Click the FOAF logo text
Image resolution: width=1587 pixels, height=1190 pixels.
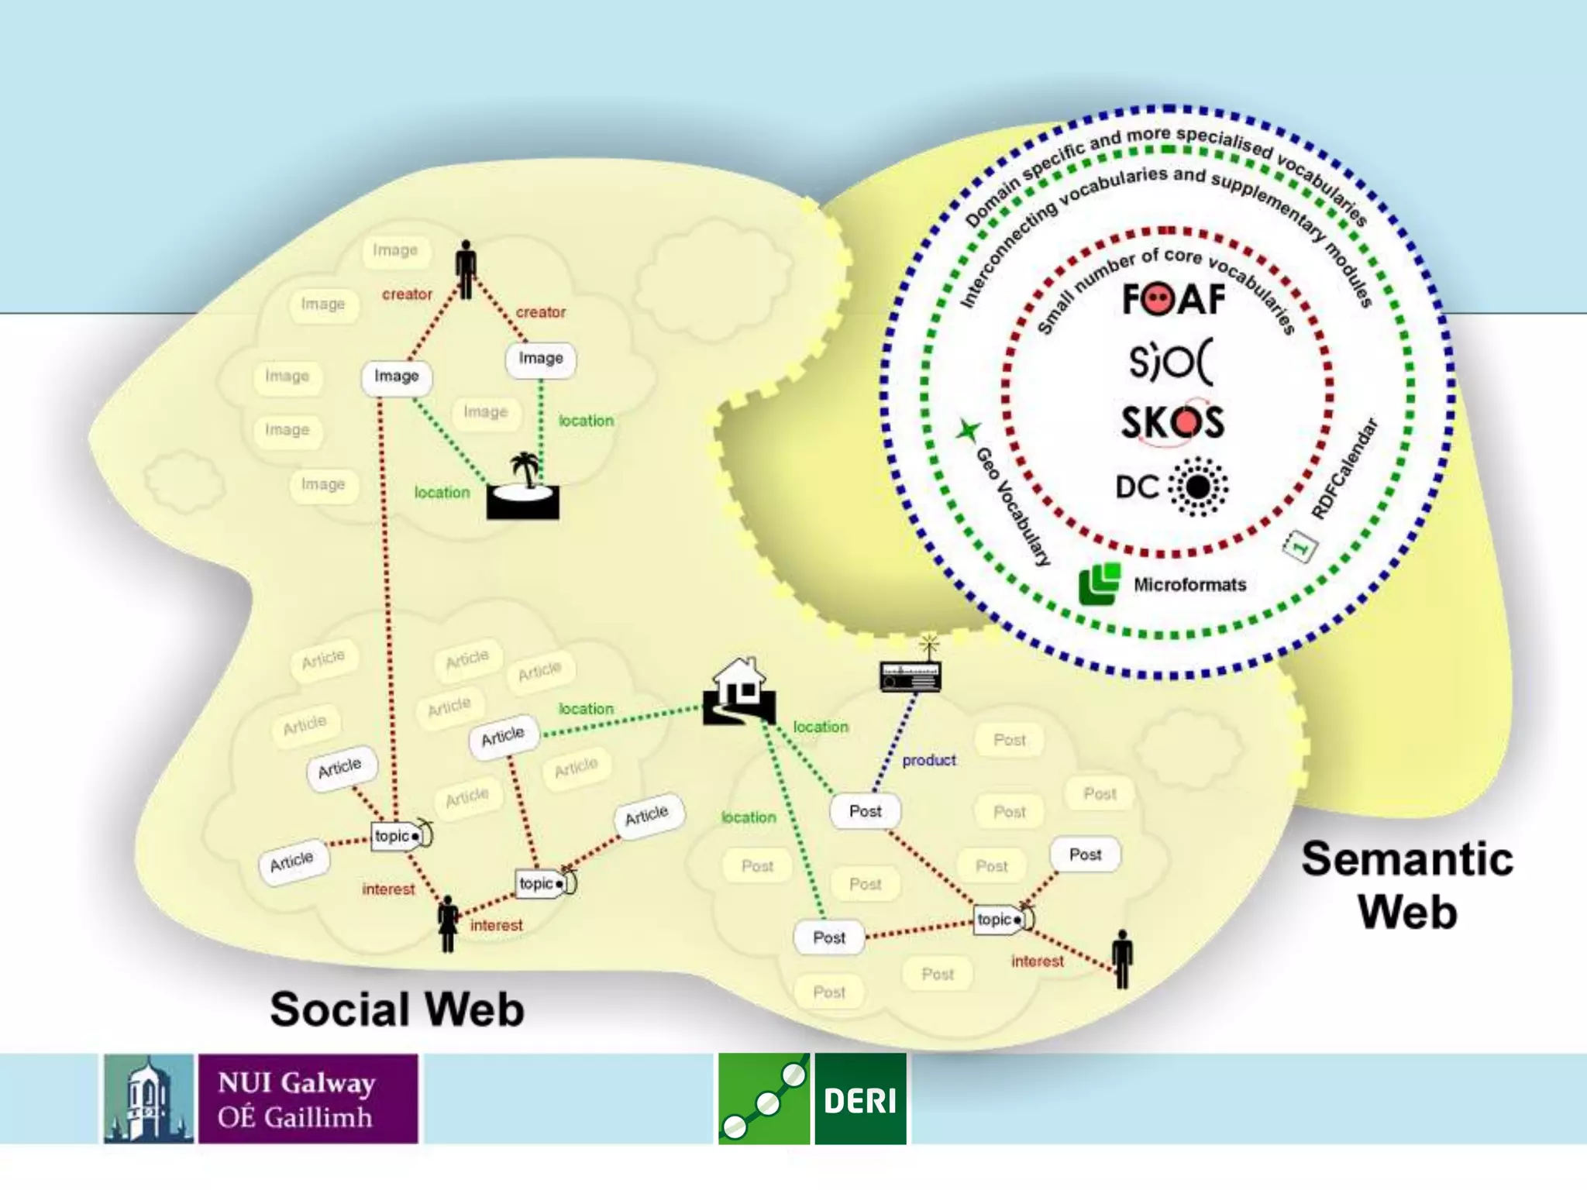point(1173,299)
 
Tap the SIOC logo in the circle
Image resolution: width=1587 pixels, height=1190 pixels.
point(1171,361)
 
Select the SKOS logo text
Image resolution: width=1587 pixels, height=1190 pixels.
point(1172,423)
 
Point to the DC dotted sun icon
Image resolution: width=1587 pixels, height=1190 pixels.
point(1198,487)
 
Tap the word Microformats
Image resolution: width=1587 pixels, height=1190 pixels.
point(1189,585)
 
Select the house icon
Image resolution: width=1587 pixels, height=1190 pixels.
point(739,691)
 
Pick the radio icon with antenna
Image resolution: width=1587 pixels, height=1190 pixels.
point(911,669)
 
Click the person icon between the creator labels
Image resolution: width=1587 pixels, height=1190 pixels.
point(466,269)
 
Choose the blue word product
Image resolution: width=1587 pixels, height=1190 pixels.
point(929,760)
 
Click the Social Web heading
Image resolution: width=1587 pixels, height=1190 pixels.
point(397,1009)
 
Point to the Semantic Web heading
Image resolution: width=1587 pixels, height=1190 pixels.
point(1407,885)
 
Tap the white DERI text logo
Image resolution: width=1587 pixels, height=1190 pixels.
point(860,1099)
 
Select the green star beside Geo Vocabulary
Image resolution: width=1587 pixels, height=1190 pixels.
point(968,430)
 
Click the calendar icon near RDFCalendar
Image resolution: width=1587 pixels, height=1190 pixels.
point(1300,546)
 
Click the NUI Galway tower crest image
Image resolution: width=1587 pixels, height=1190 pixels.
point(149,1099)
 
